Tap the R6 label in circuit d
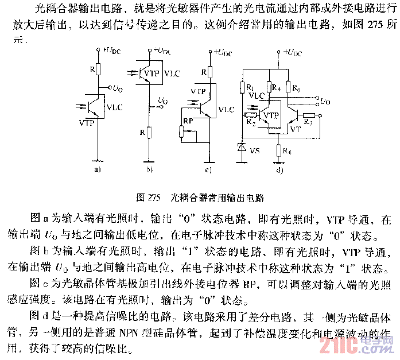point(287,152)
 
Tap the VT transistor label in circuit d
point(296,130)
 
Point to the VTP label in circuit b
point(152,73)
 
